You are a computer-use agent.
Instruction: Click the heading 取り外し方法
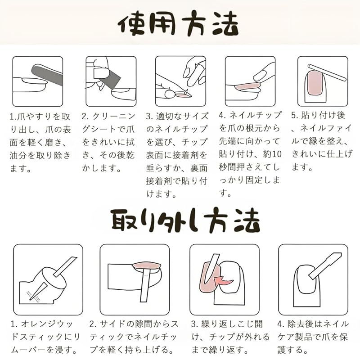click(x=185, y=220)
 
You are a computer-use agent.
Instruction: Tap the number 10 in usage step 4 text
click(x=276, y=154)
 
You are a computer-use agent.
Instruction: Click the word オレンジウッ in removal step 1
click(x=47, y=324)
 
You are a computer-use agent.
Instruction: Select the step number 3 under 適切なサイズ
click(x=149, y=117)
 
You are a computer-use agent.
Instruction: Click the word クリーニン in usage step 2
click(x=114, y=117)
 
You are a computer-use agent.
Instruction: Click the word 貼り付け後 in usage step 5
click(x=323, y=115)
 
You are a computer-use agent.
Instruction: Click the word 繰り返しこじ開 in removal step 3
click(x=232, y=324)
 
